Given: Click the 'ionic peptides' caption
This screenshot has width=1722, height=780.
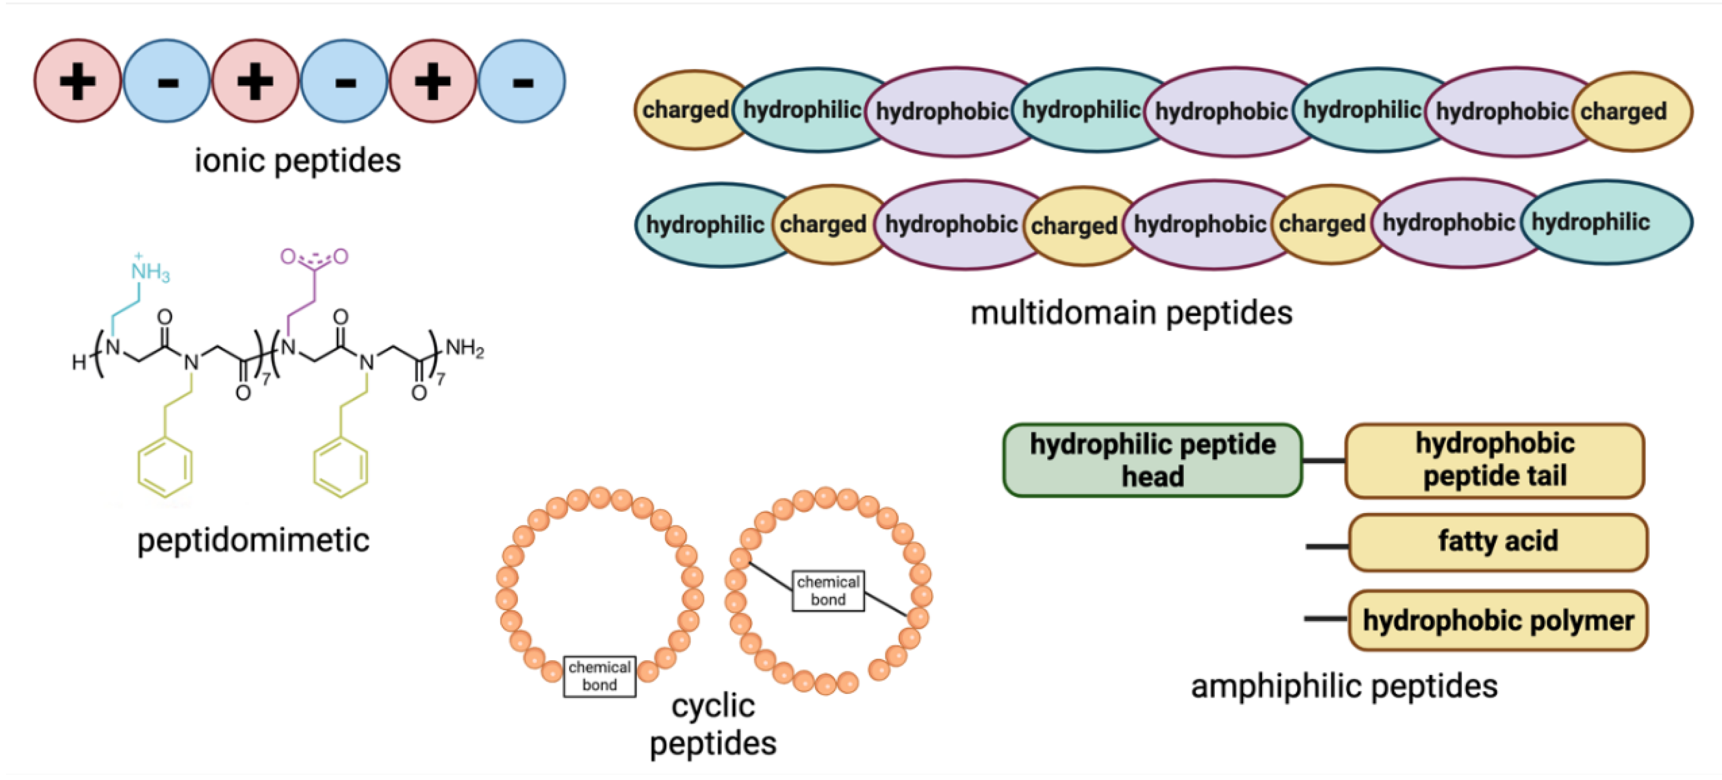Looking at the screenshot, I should point(298,160).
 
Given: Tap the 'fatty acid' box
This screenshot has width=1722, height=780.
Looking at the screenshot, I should point(1497,541).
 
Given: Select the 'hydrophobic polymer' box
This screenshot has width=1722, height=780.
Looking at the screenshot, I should point(1497,620).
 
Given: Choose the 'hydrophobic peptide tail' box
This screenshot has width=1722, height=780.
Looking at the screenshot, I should point(1494,460).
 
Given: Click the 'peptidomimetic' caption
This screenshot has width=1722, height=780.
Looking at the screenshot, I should point(253,540).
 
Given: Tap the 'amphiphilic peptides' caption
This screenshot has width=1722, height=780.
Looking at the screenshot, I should point(1344,686).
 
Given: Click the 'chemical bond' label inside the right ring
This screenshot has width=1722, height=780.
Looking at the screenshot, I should point(827,590).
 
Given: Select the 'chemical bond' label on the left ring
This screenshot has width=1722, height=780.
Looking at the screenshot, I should point(599,676).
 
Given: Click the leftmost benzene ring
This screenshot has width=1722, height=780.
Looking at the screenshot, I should point(165,467).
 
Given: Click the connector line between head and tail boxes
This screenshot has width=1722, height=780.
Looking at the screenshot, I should point(1323,461).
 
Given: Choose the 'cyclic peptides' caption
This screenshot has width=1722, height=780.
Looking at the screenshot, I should point(713,724).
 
